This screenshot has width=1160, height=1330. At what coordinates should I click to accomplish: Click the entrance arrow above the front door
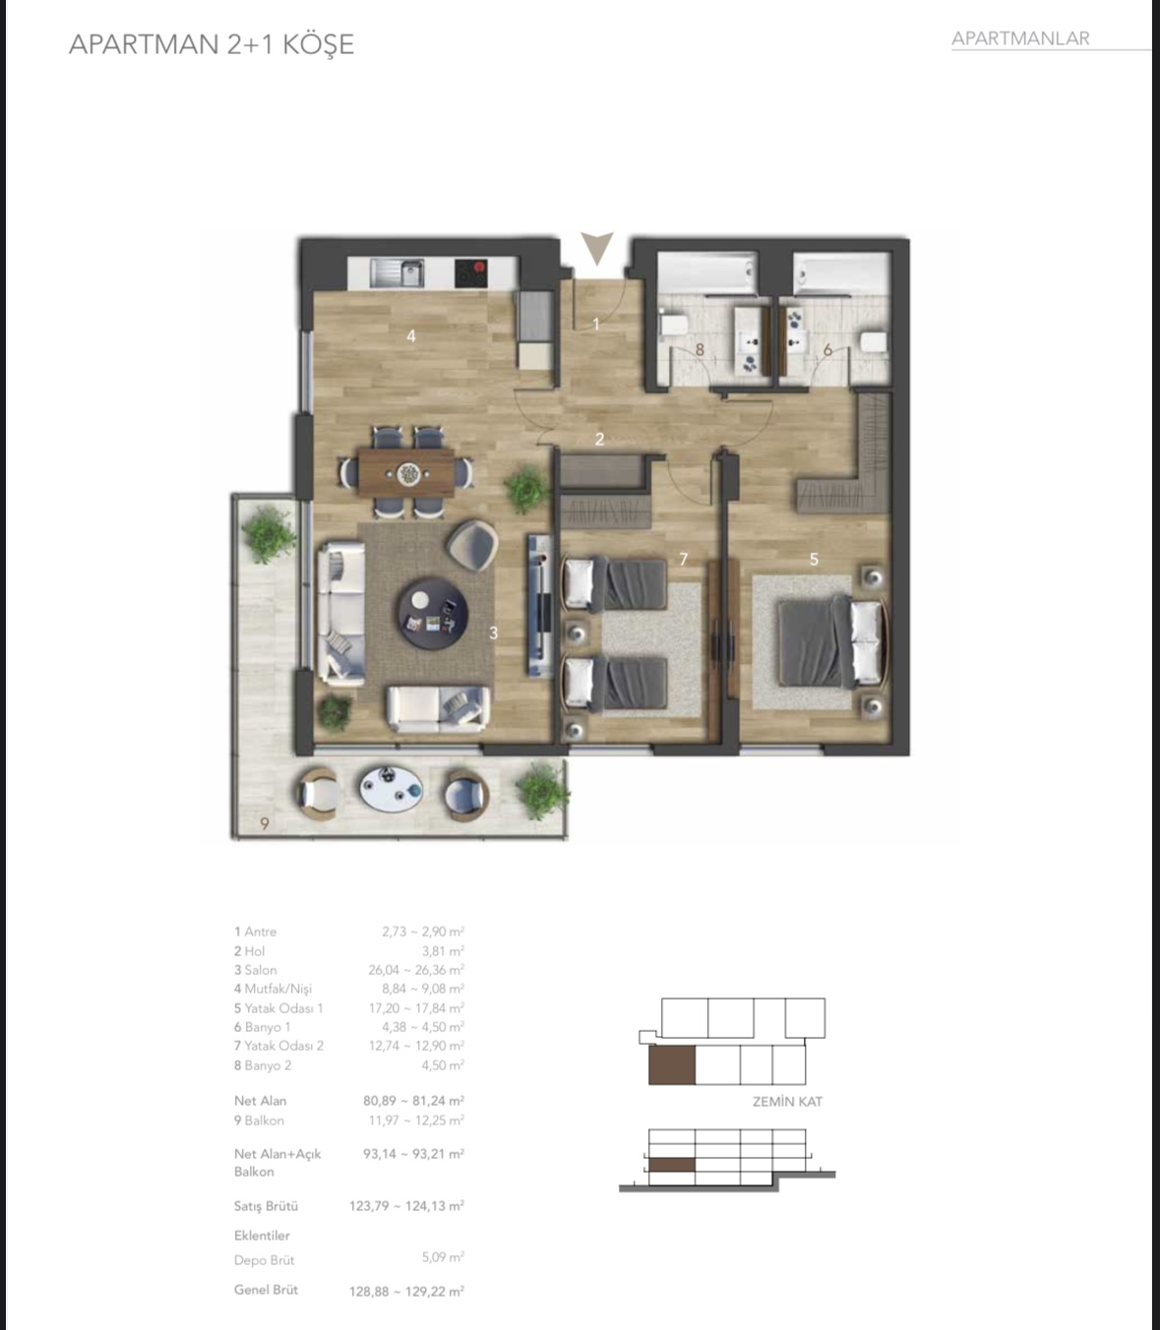coord(596,246)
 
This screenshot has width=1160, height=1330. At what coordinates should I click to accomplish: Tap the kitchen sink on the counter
coord(397,273)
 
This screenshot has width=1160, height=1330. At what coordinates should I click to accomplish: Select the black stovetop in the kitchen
coord(470,273)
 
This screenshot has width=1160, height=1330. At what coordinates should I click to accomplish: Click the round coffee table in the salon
coord(432,614)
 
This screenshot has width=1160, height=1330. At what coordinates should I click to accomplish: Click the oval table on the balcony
coord(391,789)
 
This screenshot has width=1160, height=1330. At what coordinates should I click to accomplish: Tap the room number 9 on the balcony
coord(265,823)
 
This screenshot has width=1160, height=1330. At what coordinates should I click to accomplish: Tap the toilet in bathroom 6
coord(874,342)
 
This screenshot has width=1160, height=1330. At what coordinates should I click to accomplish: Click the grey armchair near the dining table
coord(472,544)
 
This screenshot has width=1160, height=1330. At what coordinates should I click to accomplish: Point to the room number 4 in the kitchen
coord(410,336)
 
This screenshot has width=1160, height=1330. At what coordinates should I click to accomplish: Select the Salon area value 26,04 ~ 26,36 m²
coord(416,970)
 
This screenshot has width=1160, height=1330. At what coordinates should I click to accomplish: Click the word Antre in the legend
coord(260,932)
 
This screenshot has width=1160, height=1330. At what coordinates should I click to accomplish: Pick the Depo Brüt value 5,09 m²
coord(443,1257)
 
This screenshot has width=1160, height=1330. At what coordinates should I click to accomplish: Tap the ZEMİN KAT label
coord(787,1101)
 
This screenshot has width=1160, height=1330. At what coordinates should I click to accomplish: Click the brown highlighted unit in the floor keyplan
coord(672,1064)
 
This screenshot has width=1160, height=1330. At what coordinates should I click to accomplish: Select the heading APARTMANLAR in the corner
coord(1020,38)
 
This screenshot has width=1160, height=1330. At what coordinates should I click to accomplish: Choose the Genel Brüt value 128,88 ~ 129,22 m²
coord(406,1291)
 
